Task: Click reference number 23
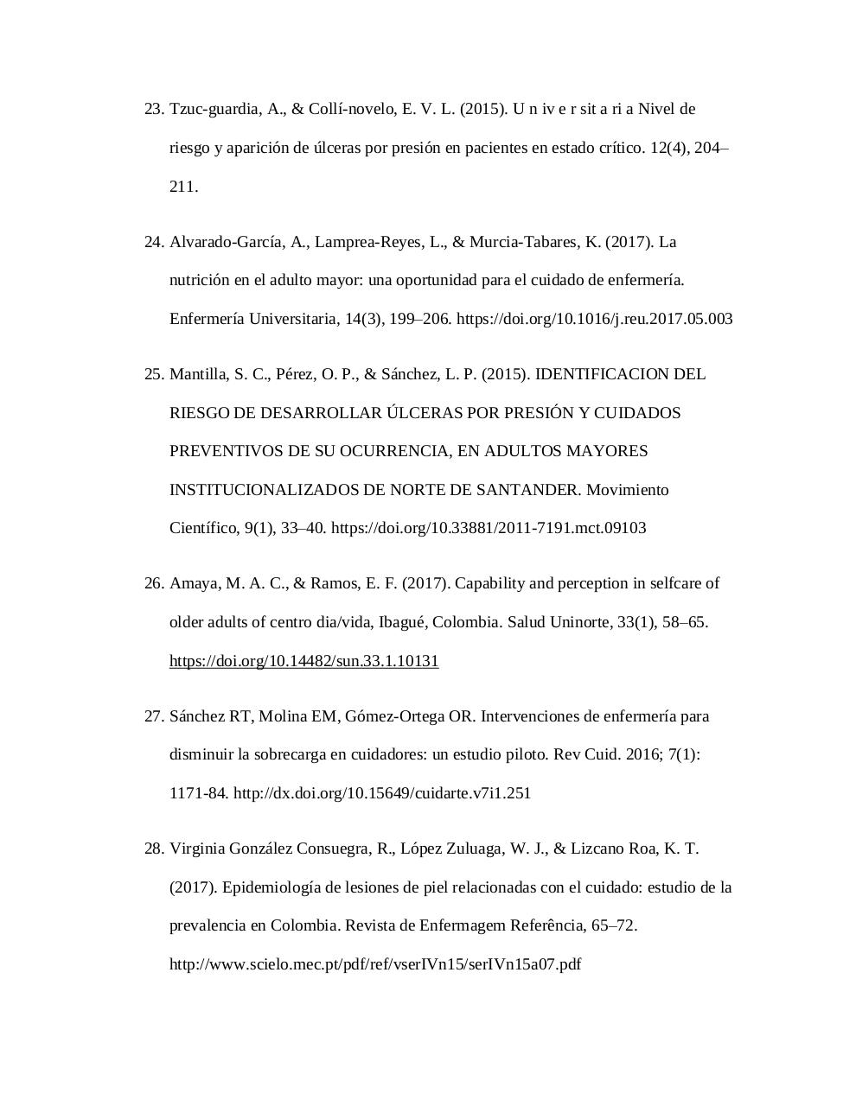pos(153,109)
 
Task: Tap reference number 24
pos(153,242)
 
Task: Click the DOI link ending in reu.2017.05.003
pos(594,319)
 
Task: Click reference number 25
pos(153,374)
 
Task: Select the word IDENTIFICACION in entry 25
pos(602,374)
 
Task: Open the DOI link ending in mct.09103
pos(489,528)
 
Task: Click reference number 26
pos(153,583)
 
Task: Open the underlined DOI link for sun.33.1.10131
pos(303,661)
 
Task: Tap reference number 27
pos(153,716)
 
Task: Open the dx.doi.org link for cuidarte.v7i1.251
pos(381,793)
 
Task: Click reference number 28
pos(153,849)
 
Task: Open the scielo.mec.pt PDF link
pos(375,964)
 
